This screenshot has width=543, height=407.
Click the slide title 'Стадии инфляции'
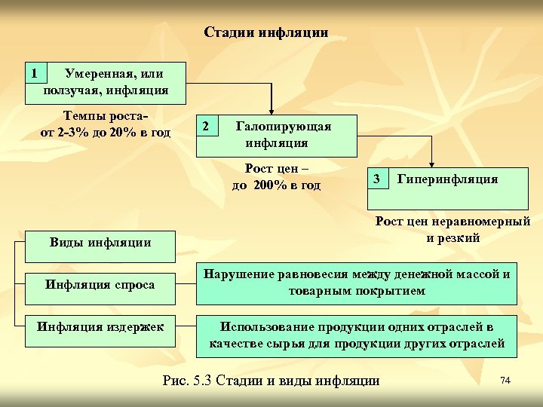(265, 32)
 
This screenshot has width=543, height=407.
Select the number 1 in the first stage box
(34, 73)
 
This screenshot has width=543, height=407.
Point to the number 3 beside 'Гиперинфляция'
(377, 179)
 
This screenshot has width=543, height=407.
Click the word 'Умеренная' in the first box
(99, 74)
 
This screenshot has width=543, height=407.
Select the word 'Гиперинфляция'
(447, 179)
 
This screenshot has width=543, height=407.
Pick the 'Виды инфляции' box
(100, 242)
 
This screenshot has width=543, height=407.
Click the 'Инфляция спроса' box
(100, 284)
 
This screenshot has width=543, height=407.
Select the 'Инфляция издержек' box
(100, 326)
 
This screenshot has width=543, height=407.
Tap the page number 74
(505, 381)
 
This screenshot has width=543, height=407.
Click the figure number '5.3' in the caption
(203, 381)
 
